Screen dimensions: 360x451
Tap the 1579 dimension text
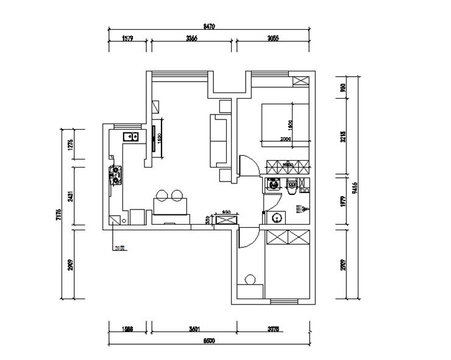[x=128, y=38]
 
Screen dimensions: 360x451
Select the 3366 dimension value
[x=192, y=38]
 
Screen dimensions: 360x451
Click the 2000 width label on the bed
[x=286, y=139]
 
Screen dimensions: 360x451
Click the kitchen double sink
[x=130, y=136]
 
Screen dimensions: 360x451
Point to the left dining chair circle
[x=163, y=196]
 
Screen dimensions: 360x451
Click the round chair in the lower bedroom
[x=249, y=280]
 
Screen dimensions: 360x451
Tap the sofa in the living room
[x=218, y=140]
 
